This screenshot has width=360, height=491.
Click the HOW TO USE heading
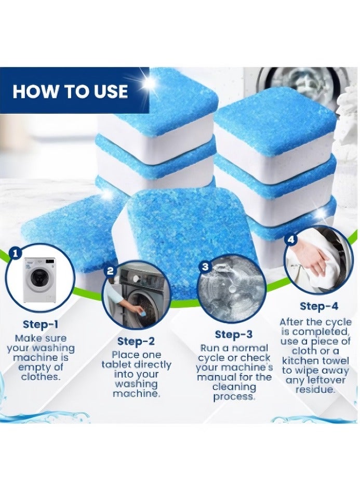coord(70,91)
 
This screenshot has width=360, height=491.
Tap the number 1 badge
coord(16,253)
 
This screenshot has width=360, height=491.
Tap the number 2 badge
coord(110,270)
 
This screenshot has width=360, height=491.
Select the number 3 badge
coord(205,267)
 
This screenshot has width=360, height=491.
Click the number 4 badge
coord(291,240)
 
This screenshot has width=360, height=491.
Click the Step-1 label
coord(41,325)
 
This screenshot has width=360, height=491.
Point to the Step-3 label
coord(233,334)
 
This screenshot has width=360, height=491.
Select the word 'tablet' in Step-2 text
coord(116,364)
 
